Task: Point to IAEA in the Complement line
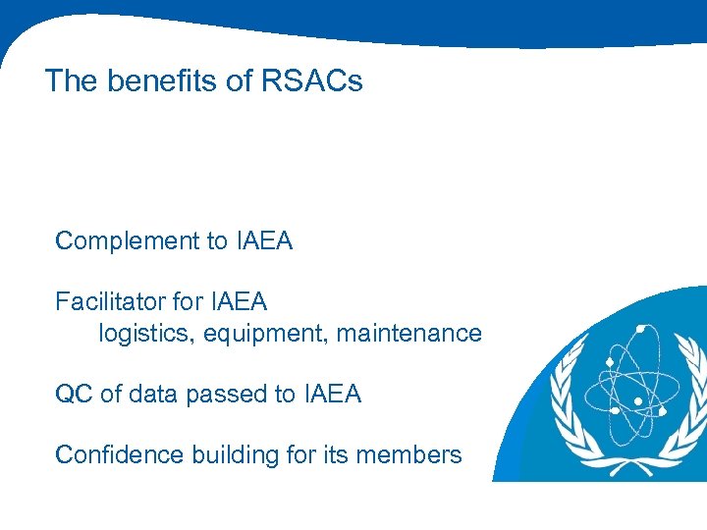pos(264,240)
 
